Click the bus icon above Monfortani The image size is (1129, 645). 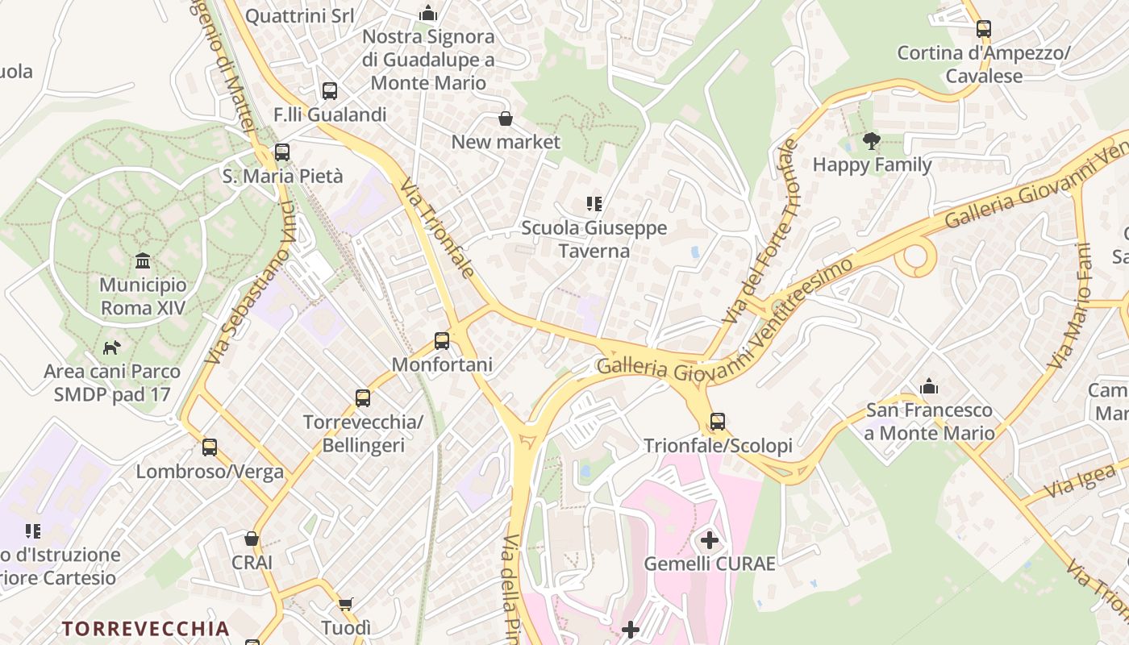pyautogui.click(x=441, y=340)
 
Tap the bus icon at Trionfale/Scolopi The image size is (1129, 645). pyautogui.click(x=717, y=421)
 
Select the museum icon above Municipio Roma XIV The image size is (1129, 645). pyautogui.click(x=143, y=260)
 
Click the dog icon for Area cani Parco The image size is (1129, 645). pyautogui.click(x=111, y=347)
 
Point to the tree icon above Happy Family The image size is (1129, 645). pyautogui.click(x=871, y=141)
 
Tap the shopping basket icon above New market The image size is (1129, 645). pyautogui.click(x=505, y=119)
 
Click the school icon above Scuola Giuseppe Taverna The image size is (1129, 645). pyautogui.click(x=594, y=204)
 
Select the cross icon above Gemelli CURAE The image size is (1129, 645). pyautogui.click(x=709, y=539)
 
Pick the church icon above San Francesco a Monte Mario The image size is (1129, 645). pyautogui.click(x=929, y=386)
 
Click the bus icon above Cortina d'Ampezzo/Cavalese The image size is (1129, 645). pyautogui.click(x=983, y=29)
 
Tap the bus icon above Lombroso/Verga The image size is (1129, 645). pyautogui.click(x=210, y=447)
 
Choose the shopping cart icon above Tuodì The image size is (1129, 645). pyautogui.click(x=346, y=604)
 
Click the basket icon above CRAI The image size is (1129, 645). pyautogui.click(x=252, y=539)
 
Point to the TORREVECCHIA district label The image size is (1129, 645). pyautogui.click(x=146, y=628)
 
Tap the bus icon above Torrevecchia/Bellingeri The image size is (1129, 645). pyautogui.click(x=363, y=397)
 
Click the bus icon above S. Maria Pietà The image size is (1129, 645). pyautogui.click(x=281, y=152)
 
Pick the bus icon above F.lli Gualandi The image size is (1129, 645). pyautogui.click(x=329, y=90)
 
